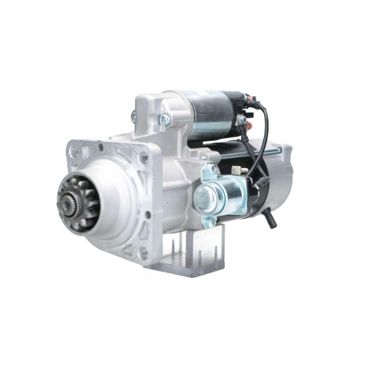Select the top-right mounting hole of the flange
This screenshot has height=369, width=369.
[142, 158]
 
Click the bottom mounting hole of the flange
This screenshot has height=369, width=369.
[142, 253]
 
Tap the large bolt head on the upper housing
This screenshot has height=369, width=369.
[165, 119]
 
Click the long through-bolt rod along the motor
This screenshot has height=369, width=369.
[251, 152]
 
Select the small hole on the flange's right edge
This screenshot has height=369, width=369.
[148, 214]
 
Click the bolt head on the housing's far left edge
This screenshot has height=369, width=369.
[133, 117]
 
